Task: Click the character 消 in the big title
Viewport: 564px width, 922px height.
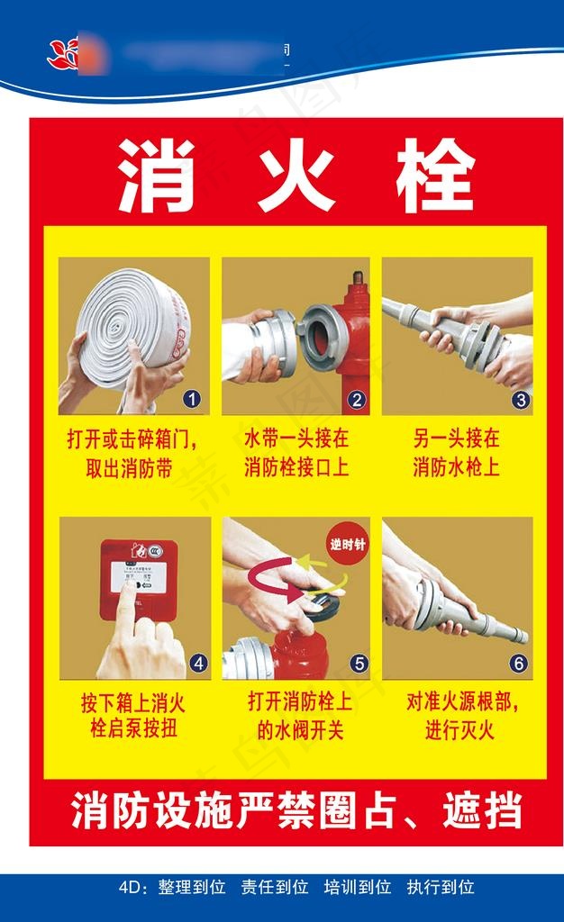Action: pyautogui.click(x=155, y=175)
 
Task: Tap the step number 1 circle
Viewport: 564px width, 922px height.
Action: pyautogui.click(x=192, y=399)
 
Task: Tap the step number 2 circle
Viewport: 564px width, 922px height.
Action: pyautogui.click(x=356, y=399)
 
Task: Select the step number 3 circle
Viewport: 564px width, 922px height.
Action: pyautogui.click(x=520, y=399)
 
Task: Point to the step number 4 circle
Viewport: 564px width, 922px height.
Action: pyautogui.click(x=198, y=664)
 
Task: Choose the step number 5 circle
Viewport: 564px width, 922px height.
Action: pyautogui.click(x=359, y=664)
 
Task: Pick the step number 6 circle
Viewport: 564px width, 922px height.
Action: pyautogui.click(x=518, y=664)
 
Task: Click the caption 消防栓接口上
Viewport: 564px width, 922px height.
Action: pyautogui.click(x=296, y=468)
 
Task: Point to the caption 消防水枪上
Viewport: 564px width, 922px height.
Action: pyautogui.click(x=456, y=468)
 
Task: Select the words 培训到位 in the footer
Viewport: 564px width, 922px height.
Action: pyautogui.click(x=358, y=888)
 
